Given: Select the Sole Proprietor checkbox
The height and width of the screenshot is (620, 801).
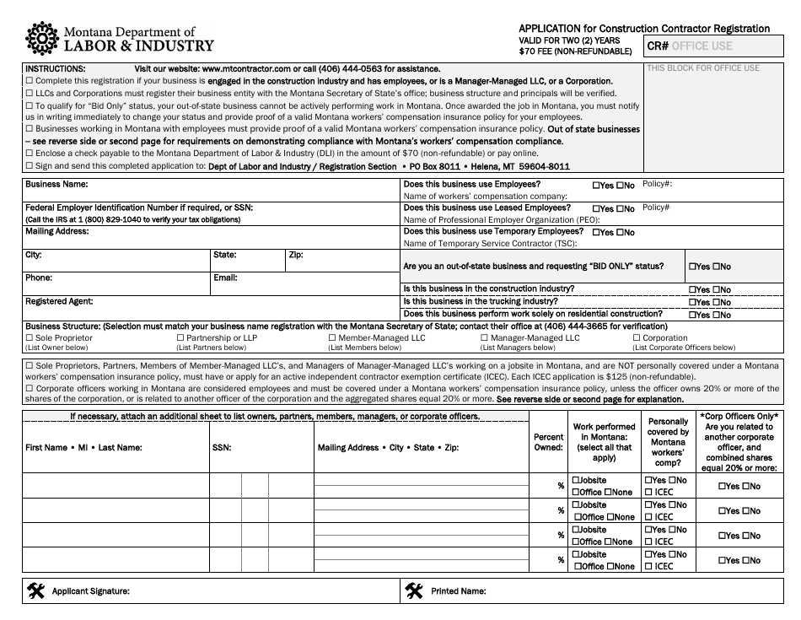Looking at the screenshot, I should tap(29, 338).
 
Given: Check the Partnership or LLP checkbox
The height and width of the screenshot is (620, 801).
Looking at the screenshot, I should tap(180, 338).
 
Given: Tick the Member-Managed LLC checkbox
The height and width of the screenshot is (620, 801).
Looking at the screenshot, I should tap(331, 338).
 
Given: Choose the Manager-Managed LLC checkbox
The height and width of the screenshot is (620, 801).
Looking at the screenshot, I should tap(484, 338).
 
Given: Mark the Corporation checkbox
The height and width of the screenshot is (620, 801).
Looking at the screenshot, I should tap(636, 338).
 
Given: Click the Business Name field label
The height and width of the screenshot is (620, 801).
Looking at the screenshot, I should tap(56, 184).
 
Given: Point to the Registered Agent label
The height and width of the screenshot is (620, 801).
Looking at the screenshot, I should tap(59, 301).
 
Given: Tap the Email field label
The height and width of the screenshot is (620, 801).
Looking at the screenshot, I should tap(225, 278).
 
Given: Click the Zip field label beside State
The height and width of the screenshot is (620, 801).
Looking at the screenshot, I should tap(295, 254).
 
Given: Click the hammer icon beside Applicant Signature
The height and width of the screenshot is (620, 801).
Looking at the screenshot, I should tap(36, 590).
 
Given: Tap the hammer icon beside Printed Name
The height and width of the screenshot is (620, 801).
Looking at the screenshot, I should tap(413, 590).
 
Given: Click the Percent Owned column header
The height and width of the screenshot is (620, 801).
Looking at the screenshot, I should tap(548, 442).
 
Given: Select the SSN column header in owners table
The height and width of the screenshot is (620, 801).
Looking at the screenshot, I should tap(221, 448).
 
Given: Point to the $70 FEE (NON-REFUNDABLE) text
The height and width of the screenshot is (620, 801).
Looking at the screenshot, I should tap(575, 51).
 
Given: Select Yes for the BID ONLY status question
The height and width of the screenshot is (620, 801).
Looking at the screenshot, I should tap(693, 267).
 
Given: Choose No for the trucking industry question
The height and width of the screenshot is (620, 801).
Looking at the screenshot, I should tap(717, 302).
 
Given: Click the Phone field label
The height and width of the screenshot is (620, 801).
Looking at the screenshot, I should tap(39, 278).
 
